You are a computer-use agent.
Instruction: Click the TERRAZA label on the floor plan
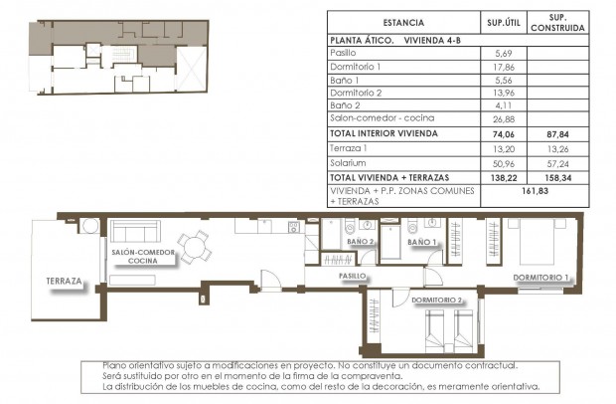pyautogui.click(x=64, y=282)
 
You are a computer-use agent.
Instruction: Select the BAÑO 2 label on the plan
pyautogui.click(x=360, y=242)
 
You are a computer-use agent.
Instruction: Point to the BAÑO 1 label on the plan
pyautogui.click(x=422, y=242)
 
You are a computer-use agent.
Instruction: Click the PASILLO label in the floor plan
pyautogui.click(x=354, y=276)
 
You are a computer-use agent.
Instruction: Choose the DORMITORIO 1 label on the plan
pyautogui.click(x=541, y=277)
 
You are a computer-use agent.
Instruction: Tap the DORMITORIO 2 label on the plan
pyautogui.click(x=436, y=299)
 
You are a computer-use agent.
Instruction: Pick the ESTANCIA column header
pyautogui.click(x=403, y=22)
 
